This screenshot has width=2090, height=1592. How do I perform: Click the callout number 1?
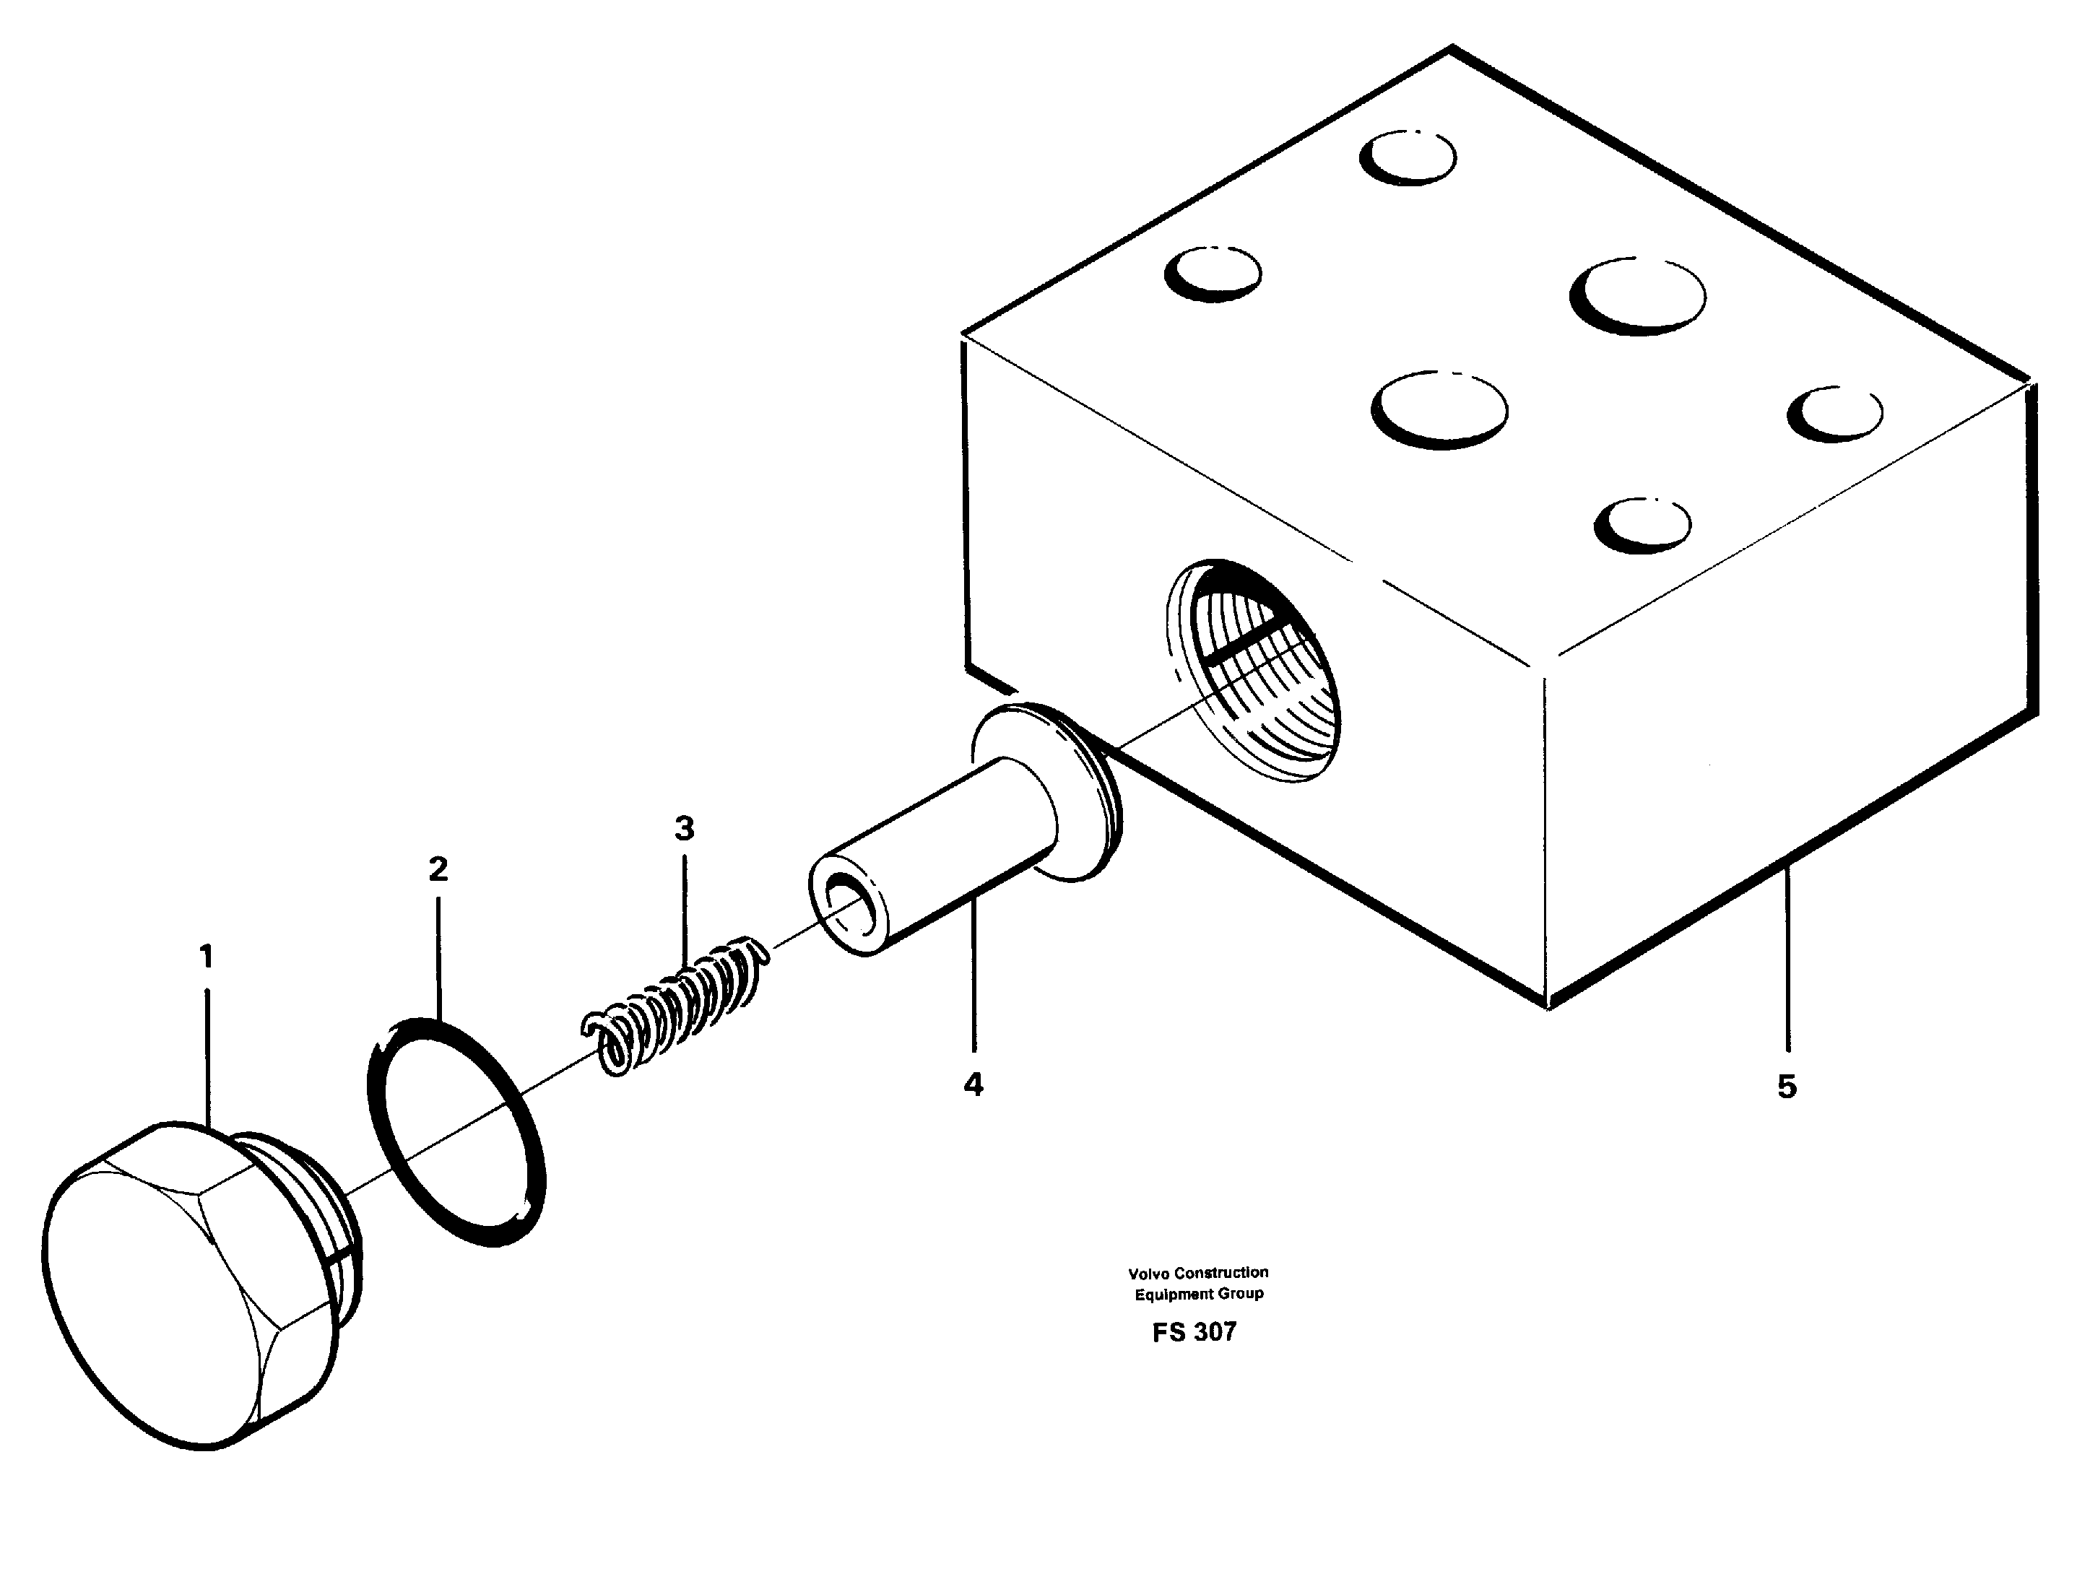(x=207, y=957)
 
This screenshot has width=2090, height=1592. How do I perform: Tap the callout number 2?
(x=438, y=869)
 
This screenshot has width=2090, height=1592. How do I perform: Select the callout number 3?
(x=685, y=829)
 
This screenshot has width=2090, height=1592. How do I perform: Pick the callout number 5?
(x=1787, y=1086)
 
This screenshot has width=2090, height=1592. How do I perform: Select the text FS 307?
(x=1194, y=1332)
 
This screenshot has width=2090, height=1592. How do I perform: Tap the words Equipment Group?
(x=1199, y=1294)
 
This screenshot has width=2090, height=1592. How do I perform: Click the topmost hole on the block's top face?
(x=1408, y=157)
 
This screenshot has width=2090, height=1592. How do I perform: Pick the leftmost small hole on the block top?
(x=1214, y=273)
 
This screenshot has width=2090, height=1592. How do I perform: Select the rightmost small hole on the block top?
(x=1836, y=413)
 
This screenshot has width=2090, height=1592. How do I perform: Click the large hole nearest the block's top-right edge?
(x=1638, y=296)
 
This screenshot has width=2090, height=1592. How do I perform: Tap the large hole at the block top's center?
(x=1440, y=409)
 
